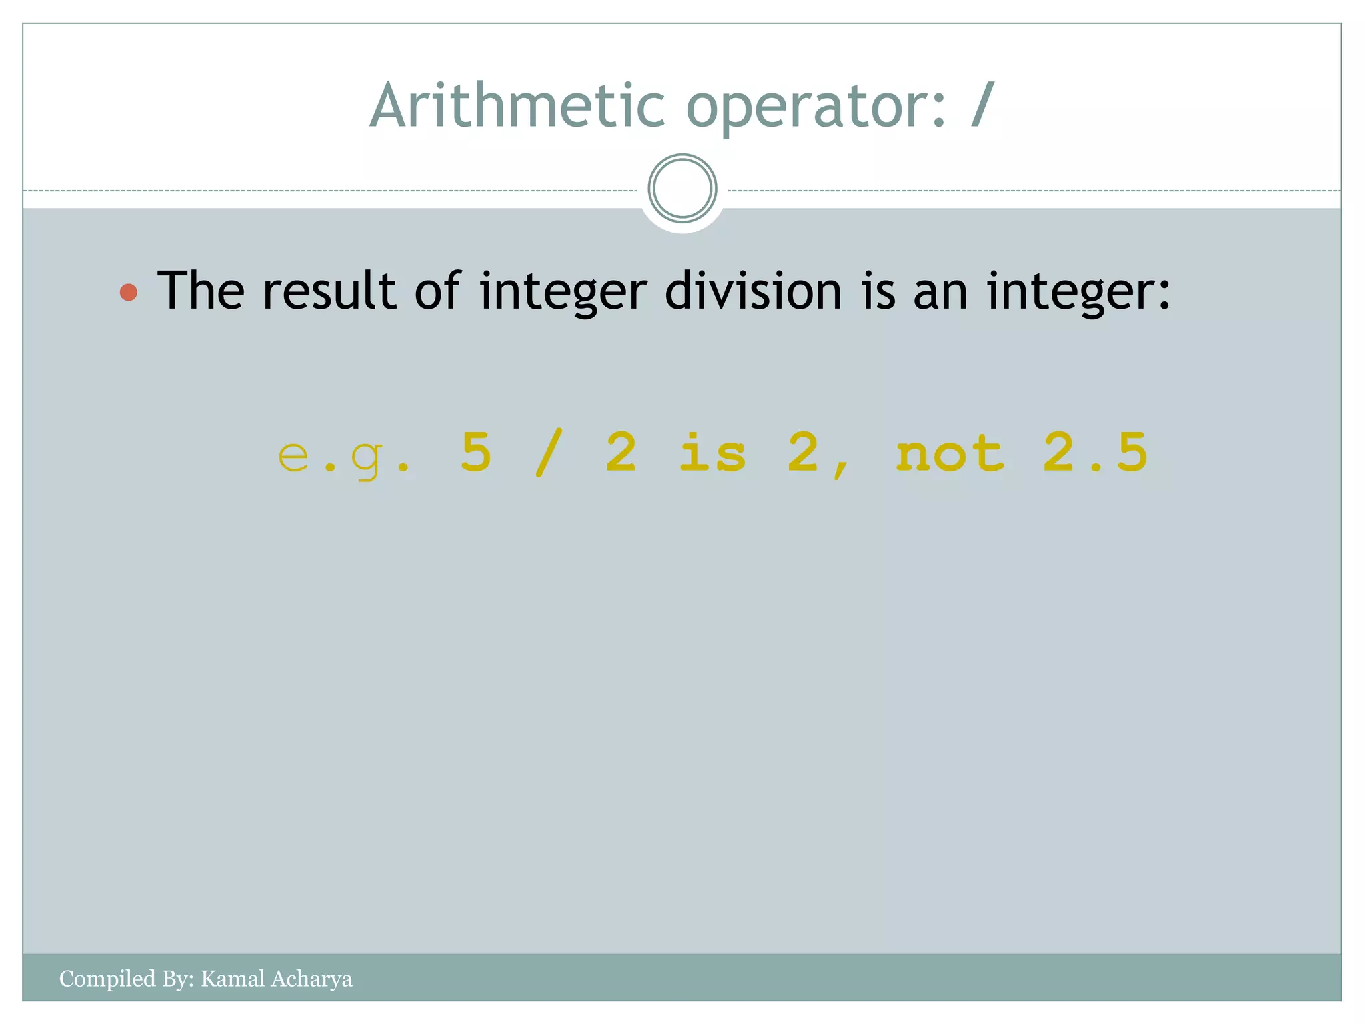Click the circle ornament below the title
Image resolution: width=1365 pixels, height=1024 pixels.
pyautogui.click(x=682, y=189)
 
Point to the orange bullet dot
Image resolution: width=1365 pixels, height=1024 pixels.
pyautogui.click(x=129, y=292)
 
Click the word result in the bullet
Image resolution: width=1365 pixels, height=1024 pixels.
pyautogui.click(x=330, y=291)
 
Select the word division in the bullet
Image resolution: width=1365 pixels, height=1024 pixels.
pyautogui.click(x=753, y=291)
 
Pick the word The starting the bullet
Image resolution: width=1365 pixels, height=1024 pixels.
pyautogui.click(x=201, y=291)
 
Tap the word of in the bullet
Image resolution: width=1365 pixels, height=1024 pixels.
pyautogui.click(x=437, y=291)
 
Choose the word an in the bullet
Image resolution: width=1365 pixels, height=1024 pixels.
pyautogui.click(x=940, y=292)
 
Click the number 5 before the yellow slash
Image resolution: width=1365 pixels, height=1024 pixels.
pyautogui.click(x=476, y=452)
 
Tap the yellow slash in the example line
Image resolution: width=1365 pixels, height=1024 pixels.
pyautogui.click(x=549, y=453)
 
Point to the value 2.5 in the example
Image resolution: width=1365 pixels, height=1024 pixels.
pyautogui.click(x=1095, y=452)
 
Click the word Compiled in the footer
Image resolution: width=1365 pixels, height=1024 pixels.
pyautogui.click(x=107, y=979)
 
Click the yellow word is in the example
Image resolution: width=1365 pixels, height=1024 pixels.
pyautogui.click(x=712, y=452)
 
